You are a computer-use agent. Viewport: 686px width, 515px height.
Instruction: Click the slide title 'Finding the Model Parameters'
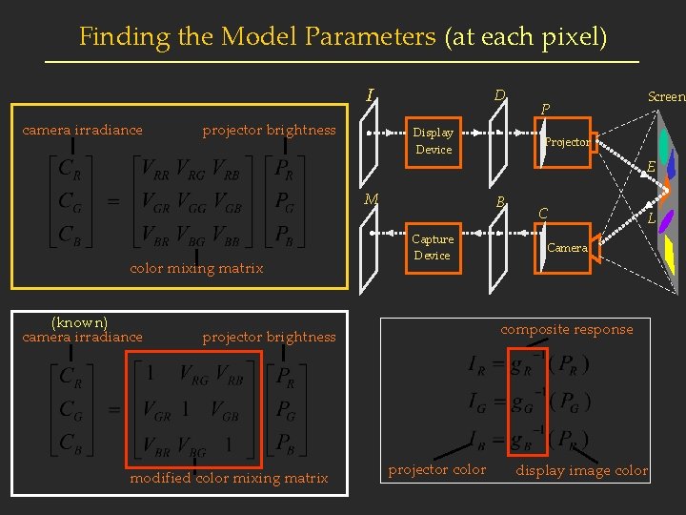tap(258, 37)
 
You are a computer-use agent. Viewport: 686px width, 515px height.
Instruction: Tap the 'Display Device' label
tap(434, 141)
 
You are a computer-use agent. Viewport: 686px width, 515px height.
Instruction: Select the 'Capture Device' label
tap(433, 247)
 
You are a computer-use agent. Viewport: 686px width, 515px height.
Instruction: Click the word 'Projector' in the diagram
tap(568, 142)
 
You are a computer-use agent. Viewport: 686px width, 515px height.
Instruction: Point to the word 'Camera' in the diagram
tap(568, 248)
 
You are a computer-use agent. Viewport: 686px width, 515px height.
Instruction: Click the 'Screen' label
tap(666, 96)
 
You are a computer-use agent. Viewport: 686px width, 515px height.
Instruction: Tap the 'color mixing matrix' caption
tap(196, 268)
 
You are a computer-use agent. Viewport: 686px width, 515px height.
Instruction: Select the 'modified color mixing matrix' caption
tap(229, 478)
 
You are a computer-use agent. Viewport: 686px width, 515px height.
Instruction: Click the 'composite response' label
tap(567, 329)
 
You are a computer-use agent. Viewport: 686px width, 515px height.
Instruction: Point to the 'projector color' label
tap(437, 469)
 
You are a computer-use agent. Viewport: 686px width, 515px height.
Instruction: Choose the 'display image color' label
tap(581, 470)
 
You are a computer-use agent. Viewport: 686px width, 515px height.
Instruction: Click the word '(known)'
tap(79, 322)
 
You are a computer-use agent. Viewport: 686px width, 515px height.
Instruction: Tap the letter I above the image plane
tap(370, 94)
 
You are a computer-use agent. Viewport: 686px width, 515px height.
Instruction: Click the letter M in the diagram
tap(372, 198)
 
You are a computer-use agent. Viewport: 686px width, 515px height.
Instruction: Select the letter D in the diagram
tap(499, 94)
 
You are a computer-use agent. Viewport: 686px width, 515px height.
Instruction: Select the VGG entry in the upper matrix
tap(204, 203)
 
